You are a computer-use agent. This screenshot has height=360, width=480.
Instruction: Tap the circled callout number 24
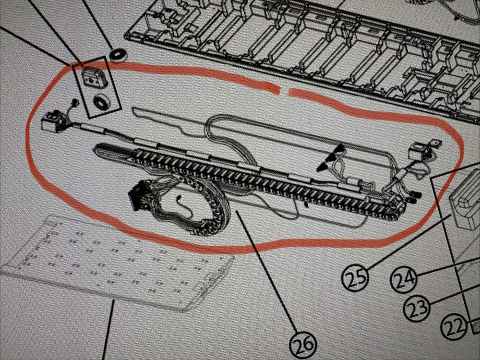tap(404, 278)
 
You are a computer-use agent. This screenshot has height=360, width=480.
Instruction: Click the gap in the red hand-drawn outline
tap(285, 91)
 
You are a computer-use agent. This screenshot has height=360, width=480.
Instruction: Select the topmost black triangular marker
tap(339, 149)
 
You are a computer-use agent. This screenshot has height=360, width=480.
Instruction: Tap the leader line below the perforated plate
tap(108, 330)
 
